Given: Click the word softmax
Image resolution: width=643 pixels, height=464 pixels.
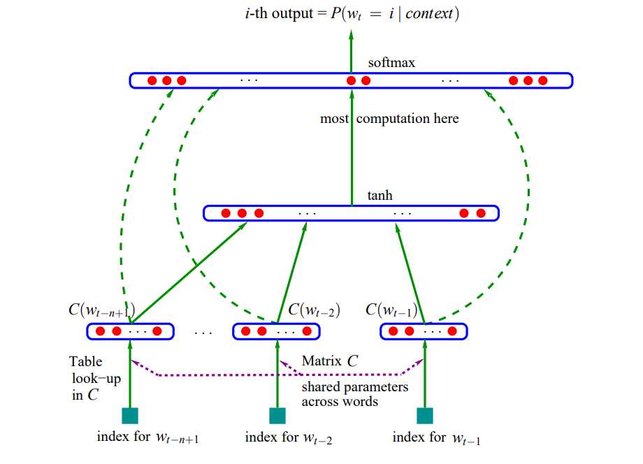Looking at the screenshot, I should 391,64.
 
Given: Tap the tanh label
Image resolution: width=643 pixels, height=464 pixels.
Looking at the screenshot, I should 380,196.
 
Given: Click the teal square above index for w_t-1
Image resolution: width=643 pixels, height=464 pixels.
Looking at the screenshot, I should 424,416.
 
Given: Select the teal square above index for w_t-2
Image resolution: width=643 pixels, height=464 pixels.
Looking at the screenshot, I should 277,416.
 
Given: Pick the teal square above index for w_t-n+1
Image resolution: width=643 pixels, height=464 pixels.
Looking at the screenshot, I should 130,416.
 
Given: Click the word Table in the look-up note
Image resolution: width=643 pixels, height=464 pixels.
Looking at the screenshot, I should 85,361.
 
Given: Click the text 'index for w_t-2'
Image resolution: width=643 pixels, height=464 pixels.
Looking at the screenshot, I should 288,438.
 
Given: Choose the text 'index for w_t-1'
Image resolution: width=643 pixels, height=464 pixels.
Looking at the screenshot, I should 436,438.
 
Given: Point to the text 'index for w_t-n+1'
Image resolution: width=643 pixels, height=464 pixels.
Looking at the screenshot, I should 149,438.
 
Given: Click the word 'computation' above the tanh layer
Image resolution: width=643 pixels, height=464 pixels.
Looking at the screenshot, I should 391,119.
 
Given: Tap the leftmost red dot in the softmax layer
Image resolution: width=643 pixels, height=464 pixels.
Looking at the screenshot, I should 152,80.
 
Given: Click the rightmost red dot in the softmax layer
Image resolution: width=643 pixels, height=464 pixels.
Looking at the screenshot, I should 543,80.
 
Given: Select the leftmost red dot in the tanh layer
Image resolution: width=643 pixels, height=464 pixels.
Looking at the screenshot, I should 226,213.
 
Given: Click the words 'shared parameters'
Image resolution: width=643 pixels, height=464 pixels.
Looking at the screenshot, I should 355,386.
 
